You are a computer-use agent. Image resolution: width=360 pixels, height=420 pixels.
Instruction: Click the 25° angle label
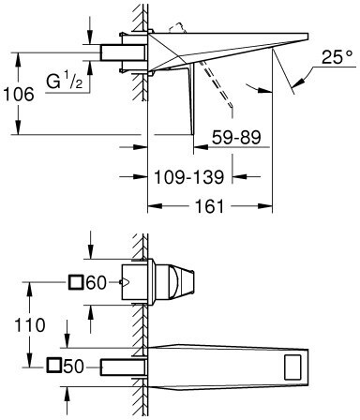coord(337,56)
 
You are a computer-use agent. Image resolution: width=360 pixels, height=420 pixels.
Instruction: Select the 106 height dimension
coord(18,94)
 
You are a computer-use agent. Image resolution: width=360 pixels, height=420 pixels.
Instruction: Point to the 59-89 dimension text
coord(236,137)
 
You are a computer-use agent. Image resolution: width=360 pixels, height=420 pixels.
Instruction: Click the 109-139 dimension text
coord(189,177)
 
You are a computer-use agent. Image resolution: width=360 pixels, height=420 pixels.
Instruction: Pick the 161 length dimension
coord(210,206)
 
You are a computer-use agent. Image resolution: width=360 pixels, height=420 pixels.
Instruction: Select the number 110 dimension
coord(30,325)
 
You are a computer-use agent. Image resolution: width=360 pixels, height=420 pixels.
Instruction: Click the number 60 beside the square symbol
coord(97,283)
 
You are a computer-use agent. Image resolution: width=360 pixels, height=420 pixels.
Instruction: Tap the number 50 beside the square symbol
coord(74,367)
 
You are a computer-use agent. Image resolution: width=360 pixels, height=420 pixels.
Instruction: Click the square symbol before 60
coord(76,282)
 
